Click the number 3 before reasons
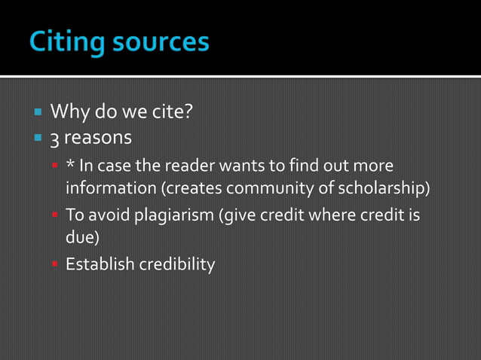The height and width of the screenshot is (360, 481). click(x=54, y=139)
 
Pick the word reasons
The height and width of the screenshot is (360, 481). click(x=97, y=139)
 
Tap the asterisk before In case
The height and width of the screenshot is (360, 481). click(x=70, y=165)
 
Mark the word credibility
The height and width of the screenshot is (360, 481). click(x=178, y=264)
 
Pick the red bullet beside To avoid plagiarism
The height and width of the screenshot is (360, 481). click(x=55, y=215)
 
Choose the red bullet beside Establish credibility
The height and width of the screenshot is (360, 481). click(x=55, y=264)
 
